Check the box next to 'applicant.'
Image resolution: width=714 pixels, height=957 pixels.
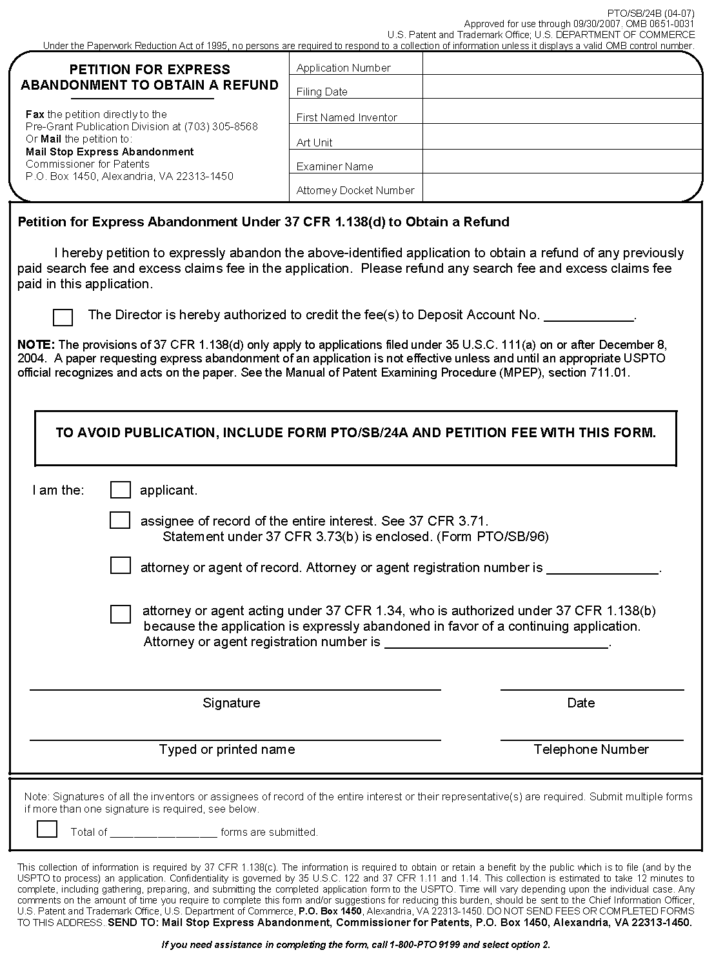(x=120, y=490)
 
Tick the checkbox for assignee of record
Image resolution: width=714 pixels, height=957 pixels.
(x=120, y=520)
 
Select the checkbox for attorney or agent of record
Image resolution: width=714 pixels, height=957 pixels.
(x=120, y=566)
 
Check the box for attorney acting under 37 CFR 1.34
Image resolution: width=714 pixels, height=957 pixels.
(x=120, y=614)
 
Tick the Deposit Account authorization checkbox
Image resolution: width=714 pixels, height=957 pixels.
(x=63, y=317)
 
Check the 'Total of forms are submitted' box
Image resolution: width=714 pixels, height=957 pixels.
(x=47, y=829)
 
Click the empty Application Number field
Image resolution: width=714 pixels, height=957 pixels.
(x=561, y=64)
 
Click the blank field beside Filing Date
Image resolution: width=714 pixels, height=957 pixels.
(x=561, y=87)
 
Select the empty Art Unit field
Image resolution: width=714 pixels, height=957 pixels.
(x=561, y=137)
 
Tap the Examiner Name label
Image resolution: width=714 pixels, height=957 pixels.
(x=335, y=166)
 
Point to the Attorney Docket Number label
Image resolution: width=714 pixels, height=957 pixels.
(x=355, y=190)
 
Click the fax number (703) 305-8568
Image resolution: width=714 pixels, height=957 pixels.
(x=221, y=126)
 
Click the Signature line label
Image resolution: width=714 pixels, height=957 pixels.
(x=231, y=703)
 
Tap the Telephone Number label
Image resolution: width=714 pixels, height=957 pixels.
(x=591, y=749)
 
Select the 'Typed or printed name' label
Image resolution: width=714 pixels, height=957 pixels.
(x=227, y=749)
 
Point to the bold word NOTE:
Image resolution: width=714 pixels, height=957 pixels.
(x=36, y=345)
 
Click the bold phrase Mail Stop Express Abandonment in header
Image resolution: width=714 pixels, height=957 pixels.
(x=110, y=152)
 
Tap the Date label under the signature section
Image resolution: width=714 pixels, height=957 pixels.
(x=580, y=703)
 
